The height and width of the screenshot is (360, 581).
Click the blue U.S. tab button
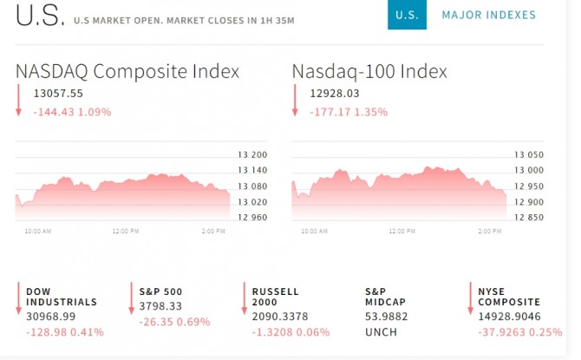pos(406,15)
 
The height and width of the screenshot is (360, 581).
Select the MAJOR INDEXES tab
pos(488,15)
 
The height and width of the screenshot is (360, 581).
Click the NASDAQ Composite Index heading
pos(127,71)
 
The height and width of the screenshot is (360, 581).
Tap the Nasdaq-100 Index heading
pos(369,71)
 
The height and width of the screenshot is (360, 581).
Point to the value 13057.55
pos(58,94)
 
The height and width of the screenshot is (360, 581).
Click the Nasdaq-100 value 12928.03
pos(335,94)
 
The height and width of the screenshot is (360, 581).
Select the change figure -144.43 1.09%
pos(72,112)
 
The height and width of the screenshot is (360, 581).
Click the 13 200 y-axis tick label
pos(252,155)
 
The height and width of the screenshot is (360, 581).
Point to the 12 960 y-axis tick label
pos(252,217)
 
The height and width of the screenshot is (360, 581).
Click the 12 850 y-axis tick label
pos(528,217)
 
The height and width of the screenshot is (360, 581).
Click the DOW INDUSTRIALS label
pos(61,297)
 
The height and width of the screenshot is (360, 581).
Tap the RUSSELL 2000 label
pos(276,297)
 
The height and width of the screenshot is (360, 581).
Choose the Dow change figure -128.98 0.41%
pos(65,331)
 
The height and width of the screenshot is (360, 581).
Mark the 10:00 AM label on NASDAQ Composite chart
pos(37,232)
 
